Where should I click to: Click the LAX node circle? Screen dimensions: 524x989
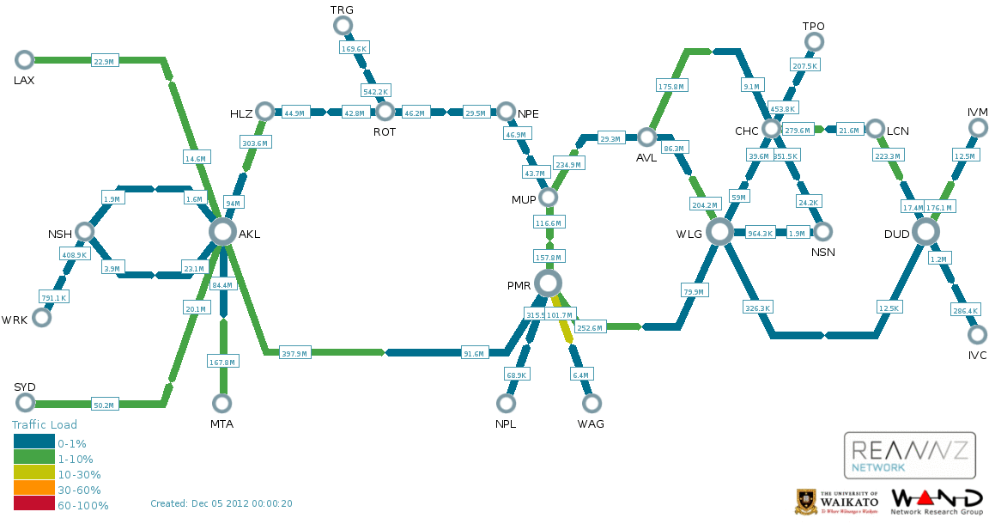pyautogui.click(x=24, y=59)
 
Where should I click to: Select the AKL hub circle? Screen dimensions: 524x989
pyautogui.click(x=222, y=231)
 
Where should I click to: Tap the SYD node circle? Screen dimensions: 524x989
pyautogui.click(x=24, y=403)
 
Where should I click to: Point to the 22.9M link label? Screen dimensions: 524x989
pyautogui.click(x=104, y=61)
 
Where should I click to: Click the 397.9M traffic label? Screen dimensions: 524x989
pyautogui.click(x=295, y=353)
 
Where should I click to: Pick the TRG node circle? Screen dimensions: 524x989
pyautogui.click(x=343, y=25)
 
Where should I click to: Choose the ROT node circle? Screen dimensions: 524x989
pyautogui.click(x=385, y=111)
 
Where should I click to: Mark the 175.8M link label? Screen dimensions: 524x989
pyautogui.click(x=670, y=87)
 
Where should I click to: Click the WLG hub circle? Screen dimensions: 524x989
pyautogui.click(x=719, y=231)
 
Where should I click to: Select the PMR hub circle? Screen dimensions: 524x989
pyautogui.click(x=548, y=283)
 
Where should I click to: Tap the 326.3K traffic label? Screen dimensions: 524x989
pyautogui.click(x=757, y=307)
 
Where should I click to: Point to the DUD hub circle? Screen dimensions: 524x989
pyautogui.click(x=925, y=231)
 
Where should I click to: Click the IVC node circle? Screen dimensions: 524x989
pyautogui.click(x=977, y=334)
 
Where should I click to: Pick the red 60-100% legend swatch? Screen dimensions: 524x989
pyautogui.click(x=33, y=505)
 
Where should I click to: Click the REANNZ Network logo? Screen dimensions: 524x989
pyautogui.click(x=909, y=454)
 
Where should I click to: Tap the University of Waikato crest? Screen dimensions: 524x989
pyautogui.click(x=806, y=501)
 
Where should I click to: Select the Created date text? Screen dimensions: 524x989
pyautogui.click(x=221, y=503)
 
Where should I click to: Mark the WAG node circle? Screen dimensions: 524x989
pyautogui.click(x=591, y=403)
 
